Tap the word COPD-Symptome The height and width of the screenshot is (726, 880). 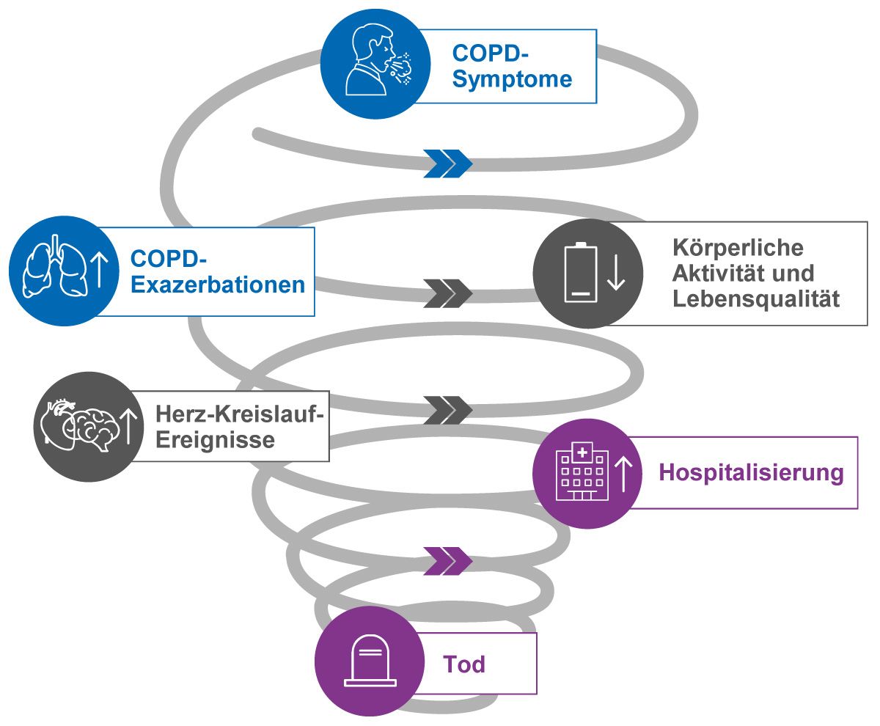(x=512, y=66)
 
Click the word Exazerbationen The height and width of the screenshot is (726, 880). (x=218, y=285)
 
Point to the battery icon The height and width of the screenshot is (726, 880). (x=579, y=272)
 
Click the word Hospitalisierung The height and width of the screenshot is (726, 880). (x=751, y=473)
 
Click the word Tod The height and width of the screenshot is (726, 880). (x=464, y=664)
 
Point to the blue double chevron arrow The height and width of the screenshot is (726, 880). (x=448, y=164)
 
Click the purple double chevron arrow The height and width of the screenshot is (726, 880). (x=448, y=560)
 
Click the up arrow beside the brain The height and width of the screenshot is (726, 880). (x=129, y=425)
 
